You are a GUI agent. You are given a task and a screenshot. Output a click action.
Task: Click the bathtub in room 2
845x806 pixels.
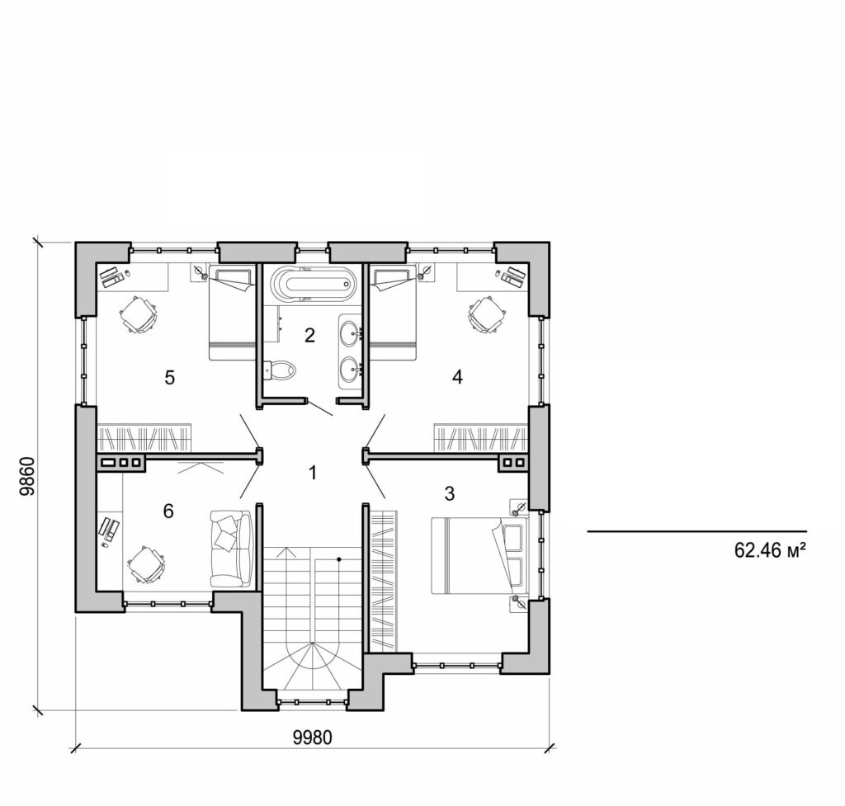click(313, 285)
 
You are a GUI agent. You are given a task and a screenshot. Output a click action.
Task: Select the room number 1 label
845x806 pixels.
click(312, 473)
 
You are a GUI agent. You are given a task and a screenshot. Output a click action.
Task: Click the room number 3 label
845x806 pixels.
click(449, 493)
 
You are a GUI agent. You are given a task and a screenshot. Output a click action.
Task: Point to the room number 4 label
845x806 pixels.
click(457, 377)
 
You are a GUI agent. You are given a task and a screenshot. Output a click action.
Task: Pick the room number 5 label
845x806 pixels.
click(170, 378)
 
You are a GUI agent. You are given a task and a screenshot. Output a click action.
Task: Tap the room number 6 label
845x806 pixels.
click(168, 511)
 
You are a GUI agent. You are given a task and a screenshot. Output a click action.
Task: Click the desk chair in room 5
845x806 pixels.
click(138, 314)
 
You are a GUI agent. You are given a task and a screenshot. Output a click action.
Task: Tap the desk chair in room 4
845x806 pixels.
click(486, 314)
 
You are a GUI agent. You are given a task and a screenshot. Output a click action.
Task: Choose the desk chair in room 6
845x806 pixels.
click(147, 566)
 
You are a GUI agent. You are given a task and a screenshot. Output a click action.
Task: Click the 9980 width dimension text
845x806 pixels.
click(312, 737)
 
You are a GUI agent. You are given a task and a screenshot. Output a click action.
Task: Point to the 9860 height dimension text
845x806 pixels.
click(28, 477)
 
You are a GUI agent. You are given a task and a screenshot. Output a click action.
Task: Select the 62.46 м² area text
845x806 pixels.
click(769, 549)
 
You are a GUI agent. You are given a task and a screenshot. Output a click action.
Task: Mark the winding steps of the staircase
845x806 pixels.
click(312, 664)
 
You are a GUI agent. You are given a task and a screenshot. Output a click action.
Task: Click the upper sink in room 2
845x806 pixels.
click(350, 333)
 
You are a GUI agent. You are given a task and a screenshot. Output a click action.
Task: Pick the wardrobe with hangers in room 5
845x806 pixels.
click(144, 436)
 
